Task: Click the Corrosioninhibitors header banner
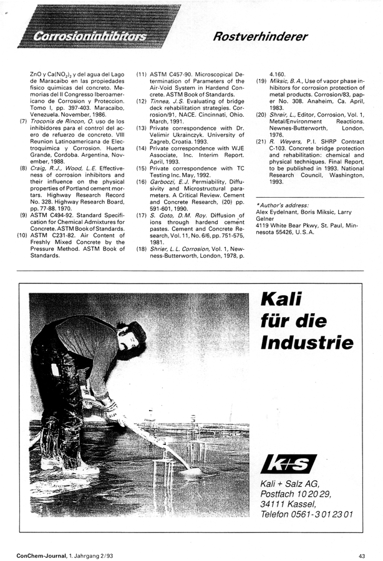94,36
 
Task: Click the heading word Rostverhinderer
260,36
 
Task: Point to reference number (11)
141,74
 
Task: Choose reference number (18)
141,248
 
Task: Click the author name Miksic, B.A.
287,81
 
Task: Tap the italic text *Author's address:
281,205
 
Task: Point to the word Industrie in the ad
306,342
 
